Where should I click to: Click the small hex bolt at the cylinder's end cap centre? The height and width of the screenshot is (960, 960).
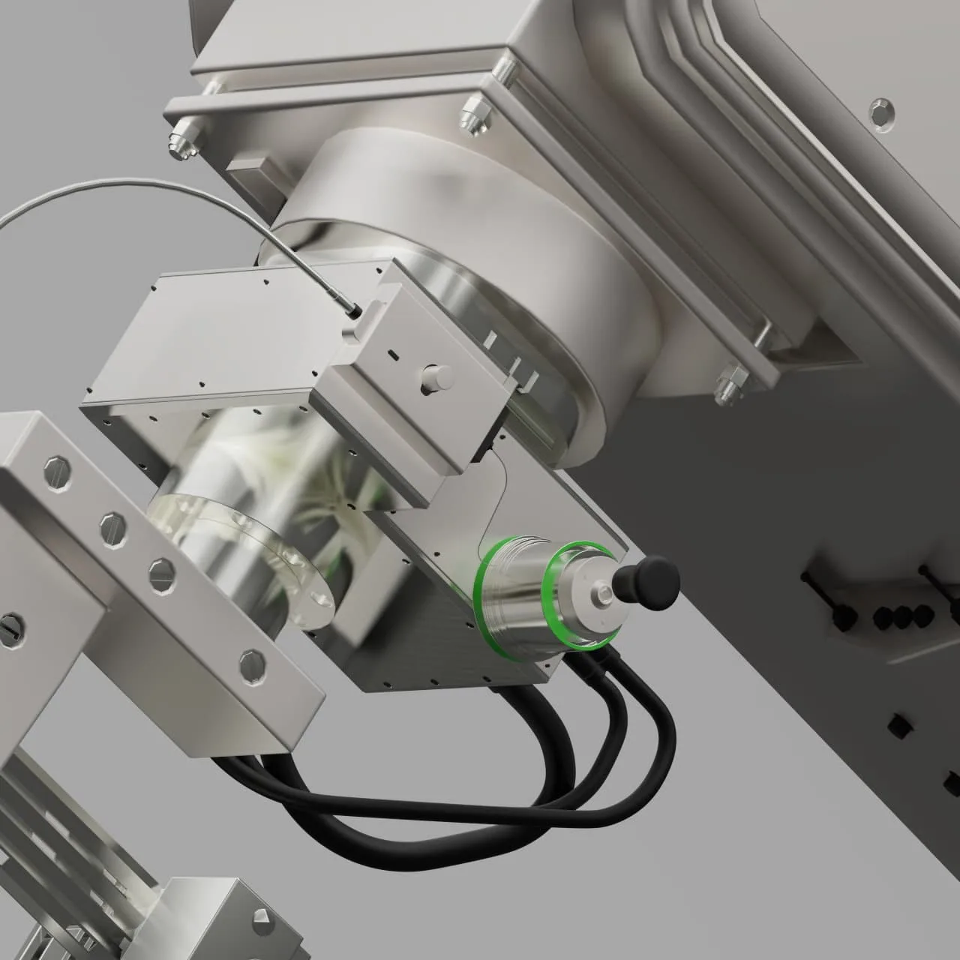(x=604, y=598)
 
